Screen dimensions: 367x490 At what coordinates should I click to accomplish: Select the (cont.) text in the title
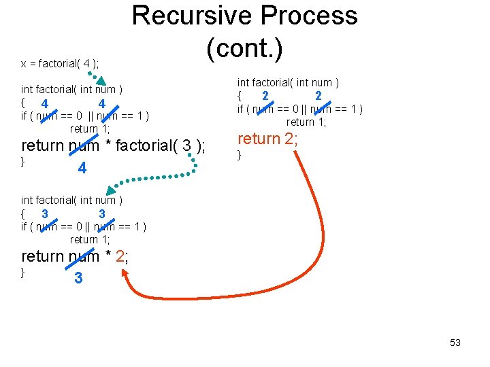coord(244,47)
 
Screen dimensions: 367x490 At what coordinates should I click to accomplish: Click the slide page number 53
coord(455,343)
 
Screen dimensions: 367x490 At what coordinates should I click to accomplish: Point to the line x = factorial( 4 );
coord(60,64)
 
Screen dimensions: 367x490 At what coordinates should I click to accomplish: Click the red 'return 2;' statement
coord(267,139)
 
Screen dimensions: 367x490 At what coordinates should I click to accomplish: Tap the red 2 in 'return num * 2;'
coord(120,256)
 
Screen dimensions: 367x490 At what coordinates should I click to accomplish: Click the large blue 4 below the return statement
coord(82,168)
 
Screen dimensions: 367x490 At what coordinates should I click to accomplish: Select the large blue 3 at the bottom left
coord(79,278)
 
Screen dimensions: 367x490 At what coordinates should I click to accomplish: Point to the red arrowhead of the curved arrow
coord(125,273)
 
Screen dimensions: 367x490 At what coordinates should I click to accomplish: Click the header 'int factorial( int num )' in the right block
coord(288,83)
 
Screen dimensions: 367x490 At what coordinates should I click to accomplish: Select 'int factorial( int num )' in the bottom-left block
coord(71,200)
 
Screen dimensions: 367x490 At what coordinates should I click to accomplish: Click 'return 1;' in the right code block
coord(306,122)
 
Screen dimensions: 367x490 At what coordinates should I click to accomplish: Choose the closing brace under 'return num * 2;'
coord(23,273)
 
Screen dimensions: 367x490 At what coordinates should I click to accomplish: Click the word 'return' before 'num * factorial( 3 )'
coord(44,145)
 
